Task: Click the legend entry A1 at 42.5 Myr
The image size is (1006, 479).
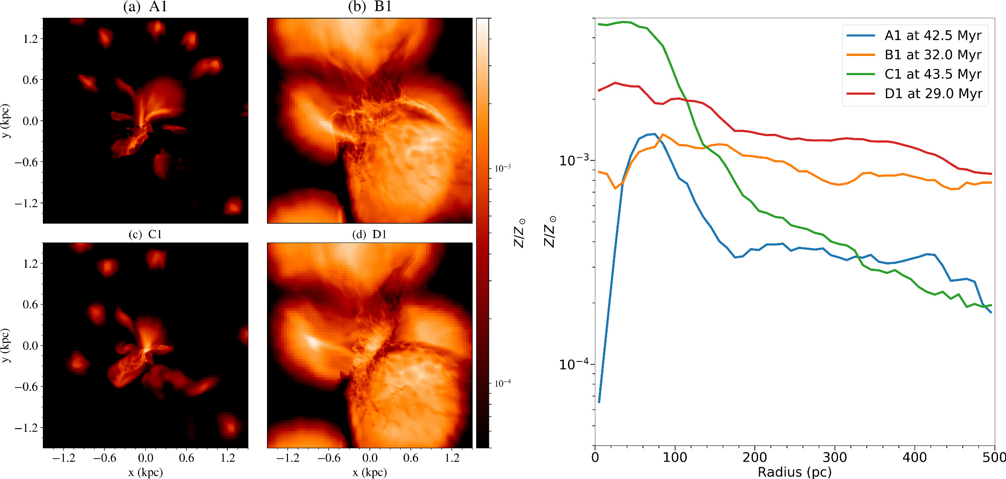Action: (932, 35)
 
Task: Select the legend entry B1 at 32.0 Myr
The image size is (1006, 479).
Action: (932, 55)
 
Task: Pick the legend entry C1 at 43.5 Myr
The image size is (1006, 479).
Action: (932, 74)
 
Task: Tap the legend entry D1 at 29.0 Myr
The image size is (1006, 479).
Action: (932, 94)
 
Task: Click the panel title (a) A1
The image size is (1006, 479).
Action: (145, 7)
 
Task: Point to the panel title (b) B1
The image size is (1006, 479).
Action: (370, 7)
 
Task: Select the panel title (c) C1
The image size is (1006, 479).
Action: (145, 234)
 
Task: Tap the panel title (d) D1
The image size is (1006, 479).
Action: (370, 234)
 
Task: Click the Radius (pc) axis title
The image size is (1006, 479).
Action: (794, 472)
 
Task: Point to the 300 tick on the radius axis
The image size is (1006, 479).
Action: (835, 457)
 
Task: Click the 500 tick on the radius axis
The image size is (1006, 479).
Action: (994, 457)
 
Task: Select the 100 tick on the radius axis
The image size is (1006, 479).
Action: (675, 457)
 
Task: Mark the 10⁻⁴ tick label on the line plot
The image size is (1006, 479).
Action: (575, 363)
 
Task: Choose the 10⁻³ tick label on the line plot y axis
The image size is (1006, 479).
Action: (575, 160)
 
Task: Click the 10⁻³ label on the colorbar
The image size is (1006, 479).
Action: (502, 168)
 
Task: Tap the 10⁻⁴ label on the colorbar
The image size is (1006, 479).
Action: (502, 383)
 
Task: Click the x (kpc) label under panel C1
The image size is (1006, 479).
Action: (145, 472)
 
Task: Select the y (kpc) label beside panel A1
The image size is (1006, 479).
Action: (6, 121)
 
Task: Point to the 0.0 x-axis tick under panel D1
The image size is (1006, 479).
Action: (370, 458)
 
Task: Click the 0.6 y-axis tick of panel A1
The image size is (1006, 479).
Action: (30, 80)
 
